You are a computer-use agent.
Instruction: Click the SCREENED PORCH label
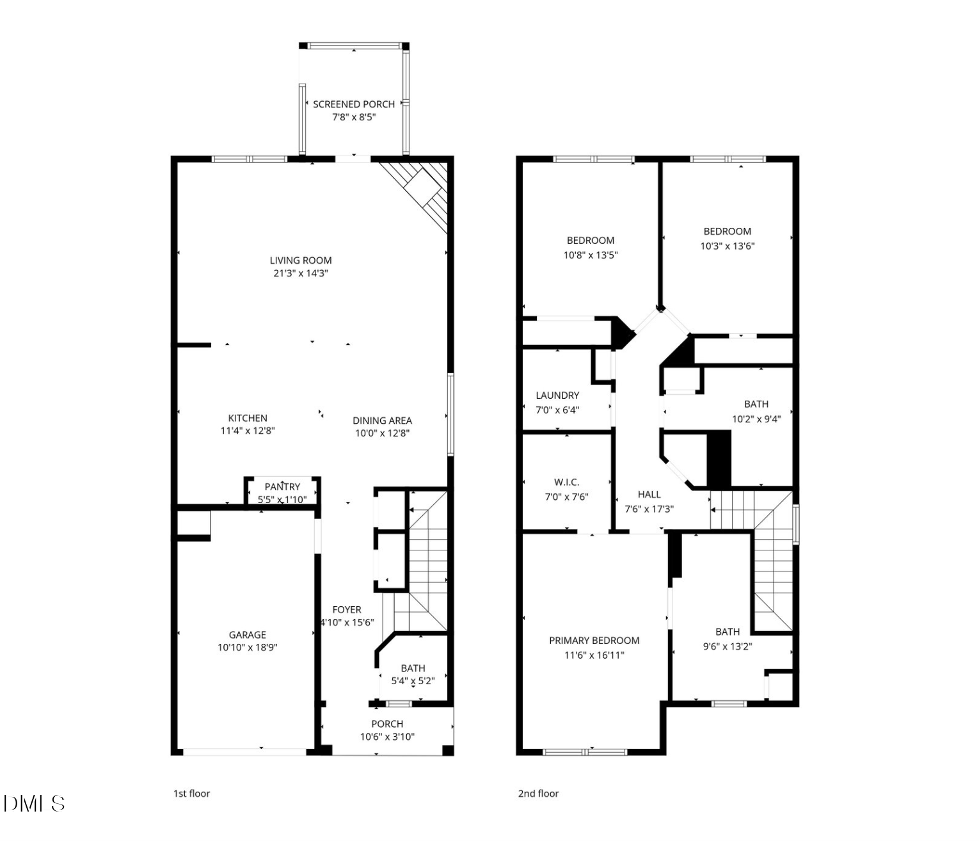[353, 104]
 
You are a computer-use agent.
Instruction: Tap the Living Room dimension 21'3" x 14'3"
[300, 273]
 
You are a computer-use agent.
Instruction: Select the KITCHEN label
[248, 418]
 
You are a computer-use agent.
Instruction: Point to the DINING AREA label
[382, 420]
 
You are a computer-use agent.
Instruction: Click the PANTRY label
[282, 487]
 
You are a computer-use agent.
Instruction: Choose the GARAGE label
[247, 635]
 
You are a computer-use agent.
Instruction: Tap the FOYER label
[346, 610]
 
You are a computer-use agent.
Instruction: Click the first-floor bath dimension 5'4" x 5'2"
[413, 681]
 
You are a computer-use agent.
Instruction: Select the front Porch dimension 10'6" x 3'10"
[387, 737]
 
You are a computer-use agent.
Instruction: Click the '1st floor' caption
[191, 794]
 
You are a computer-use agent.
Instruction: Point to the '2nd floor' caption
[538, 794]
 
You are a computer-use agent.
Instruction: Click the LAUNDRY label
[557, 396]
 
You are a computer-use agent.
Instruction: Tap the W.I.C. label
[566, 483]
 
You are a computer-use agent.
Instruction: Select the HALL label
[649, 494]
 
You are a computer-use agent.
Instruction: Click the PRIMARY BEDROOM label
[594, 641]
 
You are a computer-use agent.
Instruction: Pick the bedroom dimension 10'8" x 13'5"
[590, 255]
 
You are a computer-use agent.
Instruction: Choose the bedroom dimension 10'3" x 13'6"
[727, 246]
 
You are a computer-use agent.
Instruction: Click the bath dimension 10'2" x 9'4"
[756, 419]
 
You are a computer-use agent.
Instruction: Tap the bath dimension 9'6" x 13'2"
[727, 646]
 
